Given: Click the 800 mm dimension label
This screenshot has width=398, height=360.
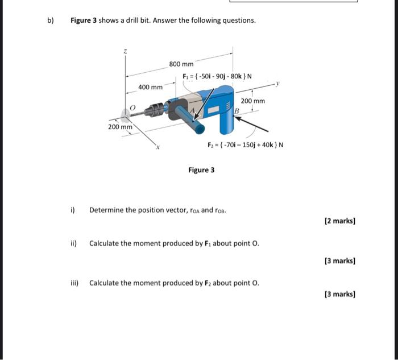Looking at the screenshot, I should click(x=181, y=64).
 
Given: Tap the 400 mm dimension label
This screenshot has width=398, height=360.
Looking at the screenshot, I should click(x=150, y=87).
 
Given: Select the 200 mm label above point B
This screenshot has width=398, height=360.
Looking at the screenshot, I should click(x=253, y=101).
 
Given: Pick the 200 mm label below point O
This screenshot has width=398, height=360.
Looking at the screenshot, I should click(x=120, y=127).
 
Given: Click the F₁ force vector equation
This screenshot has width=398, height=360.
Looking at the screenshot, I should click(x=218, y=77).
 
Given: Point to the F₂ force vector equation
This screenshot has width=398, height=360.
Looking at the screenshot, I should click(x=245, y=144).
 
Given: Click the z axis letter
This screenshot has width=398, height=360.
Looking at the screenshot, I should click(x=126, y=52).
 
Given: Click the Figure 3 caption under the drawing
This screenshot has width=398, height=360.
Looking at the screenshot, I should click(x=201, y=170).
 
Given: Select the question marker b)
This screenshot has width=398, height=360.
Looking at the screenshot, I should click(x=51, y=20).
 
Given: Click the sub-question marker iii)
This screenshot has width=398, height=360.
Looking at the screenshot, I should click(x=76, y=283).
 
